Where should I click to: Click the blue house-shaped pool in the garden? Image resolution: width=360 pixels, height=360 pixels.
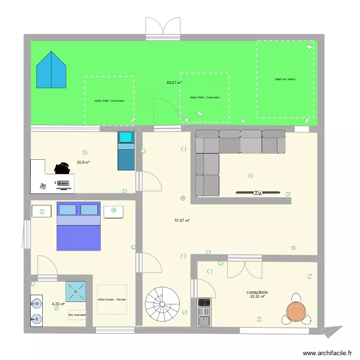coord(51,71)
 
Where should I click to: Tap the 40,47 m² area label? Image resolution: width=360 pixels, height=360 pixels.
coord(174,83)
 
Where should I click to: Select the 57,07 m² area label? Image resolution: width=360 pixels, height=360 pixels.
coord(182,220)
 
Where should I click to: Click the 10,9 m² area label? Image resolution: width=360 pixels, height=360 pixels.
coord(83,163)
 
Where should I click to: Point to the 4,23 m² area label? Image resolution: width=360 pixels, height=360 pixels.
coord(58,303)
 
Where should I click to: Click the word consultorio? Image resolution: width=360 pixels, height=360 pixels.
coord(257,292)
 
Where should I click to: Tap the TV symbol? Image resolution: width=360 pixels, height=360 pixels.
coord(258,193)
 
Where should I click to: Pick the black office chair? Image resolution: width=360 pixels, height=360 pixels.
coord(61,168)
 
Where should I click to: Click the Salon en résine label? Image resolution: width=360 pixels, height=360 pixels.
coord(285,79)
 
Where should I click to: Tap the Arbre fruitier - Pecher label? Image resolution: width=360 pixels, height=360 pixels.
coord(112,300)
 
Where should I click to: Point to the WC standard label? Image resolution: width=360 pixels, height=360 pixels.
coord(77,315)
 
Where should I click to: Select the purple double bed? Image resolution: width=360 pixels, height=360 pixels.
coord(79,226)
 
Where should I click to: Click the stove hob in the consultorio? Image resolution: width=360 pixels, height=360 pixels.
coord(204,302)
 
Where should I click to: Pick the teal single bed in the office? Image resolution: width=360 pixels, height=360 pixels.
coord(127,151)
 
